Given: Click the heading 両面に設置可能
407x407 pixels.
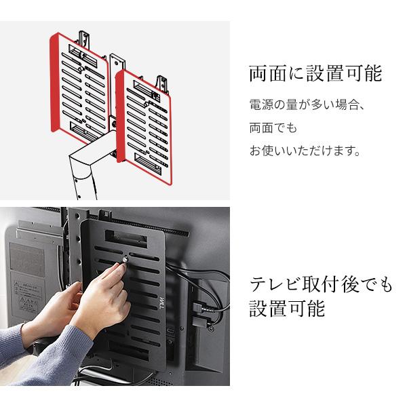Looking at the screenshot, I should click(315, 73).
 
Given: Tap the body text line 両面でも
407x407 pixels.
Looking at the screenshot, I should click(274, 128).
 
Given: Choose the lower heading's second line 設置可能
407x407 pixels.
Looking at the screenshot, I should click(288, 309).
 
